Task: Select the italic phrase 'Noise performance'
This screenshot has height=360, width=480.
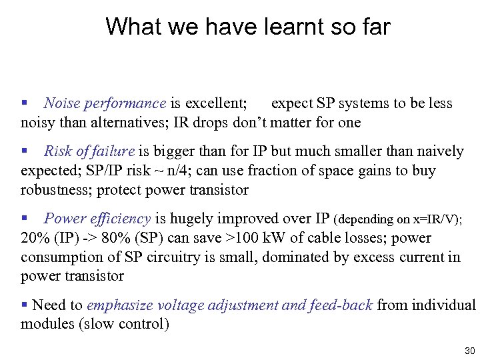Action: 105,103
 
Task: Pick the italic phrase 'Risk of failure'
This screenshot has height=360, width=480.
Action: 89,151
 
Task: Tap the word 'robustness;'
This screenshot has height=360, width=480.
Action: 57,190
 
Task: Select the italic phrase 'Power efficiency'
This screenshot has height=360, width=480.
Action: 97,219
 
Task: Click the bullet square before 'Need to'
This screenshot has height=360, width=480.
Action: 25,305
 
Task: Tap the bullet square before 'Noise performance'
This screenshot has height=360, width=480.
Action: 25,103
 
